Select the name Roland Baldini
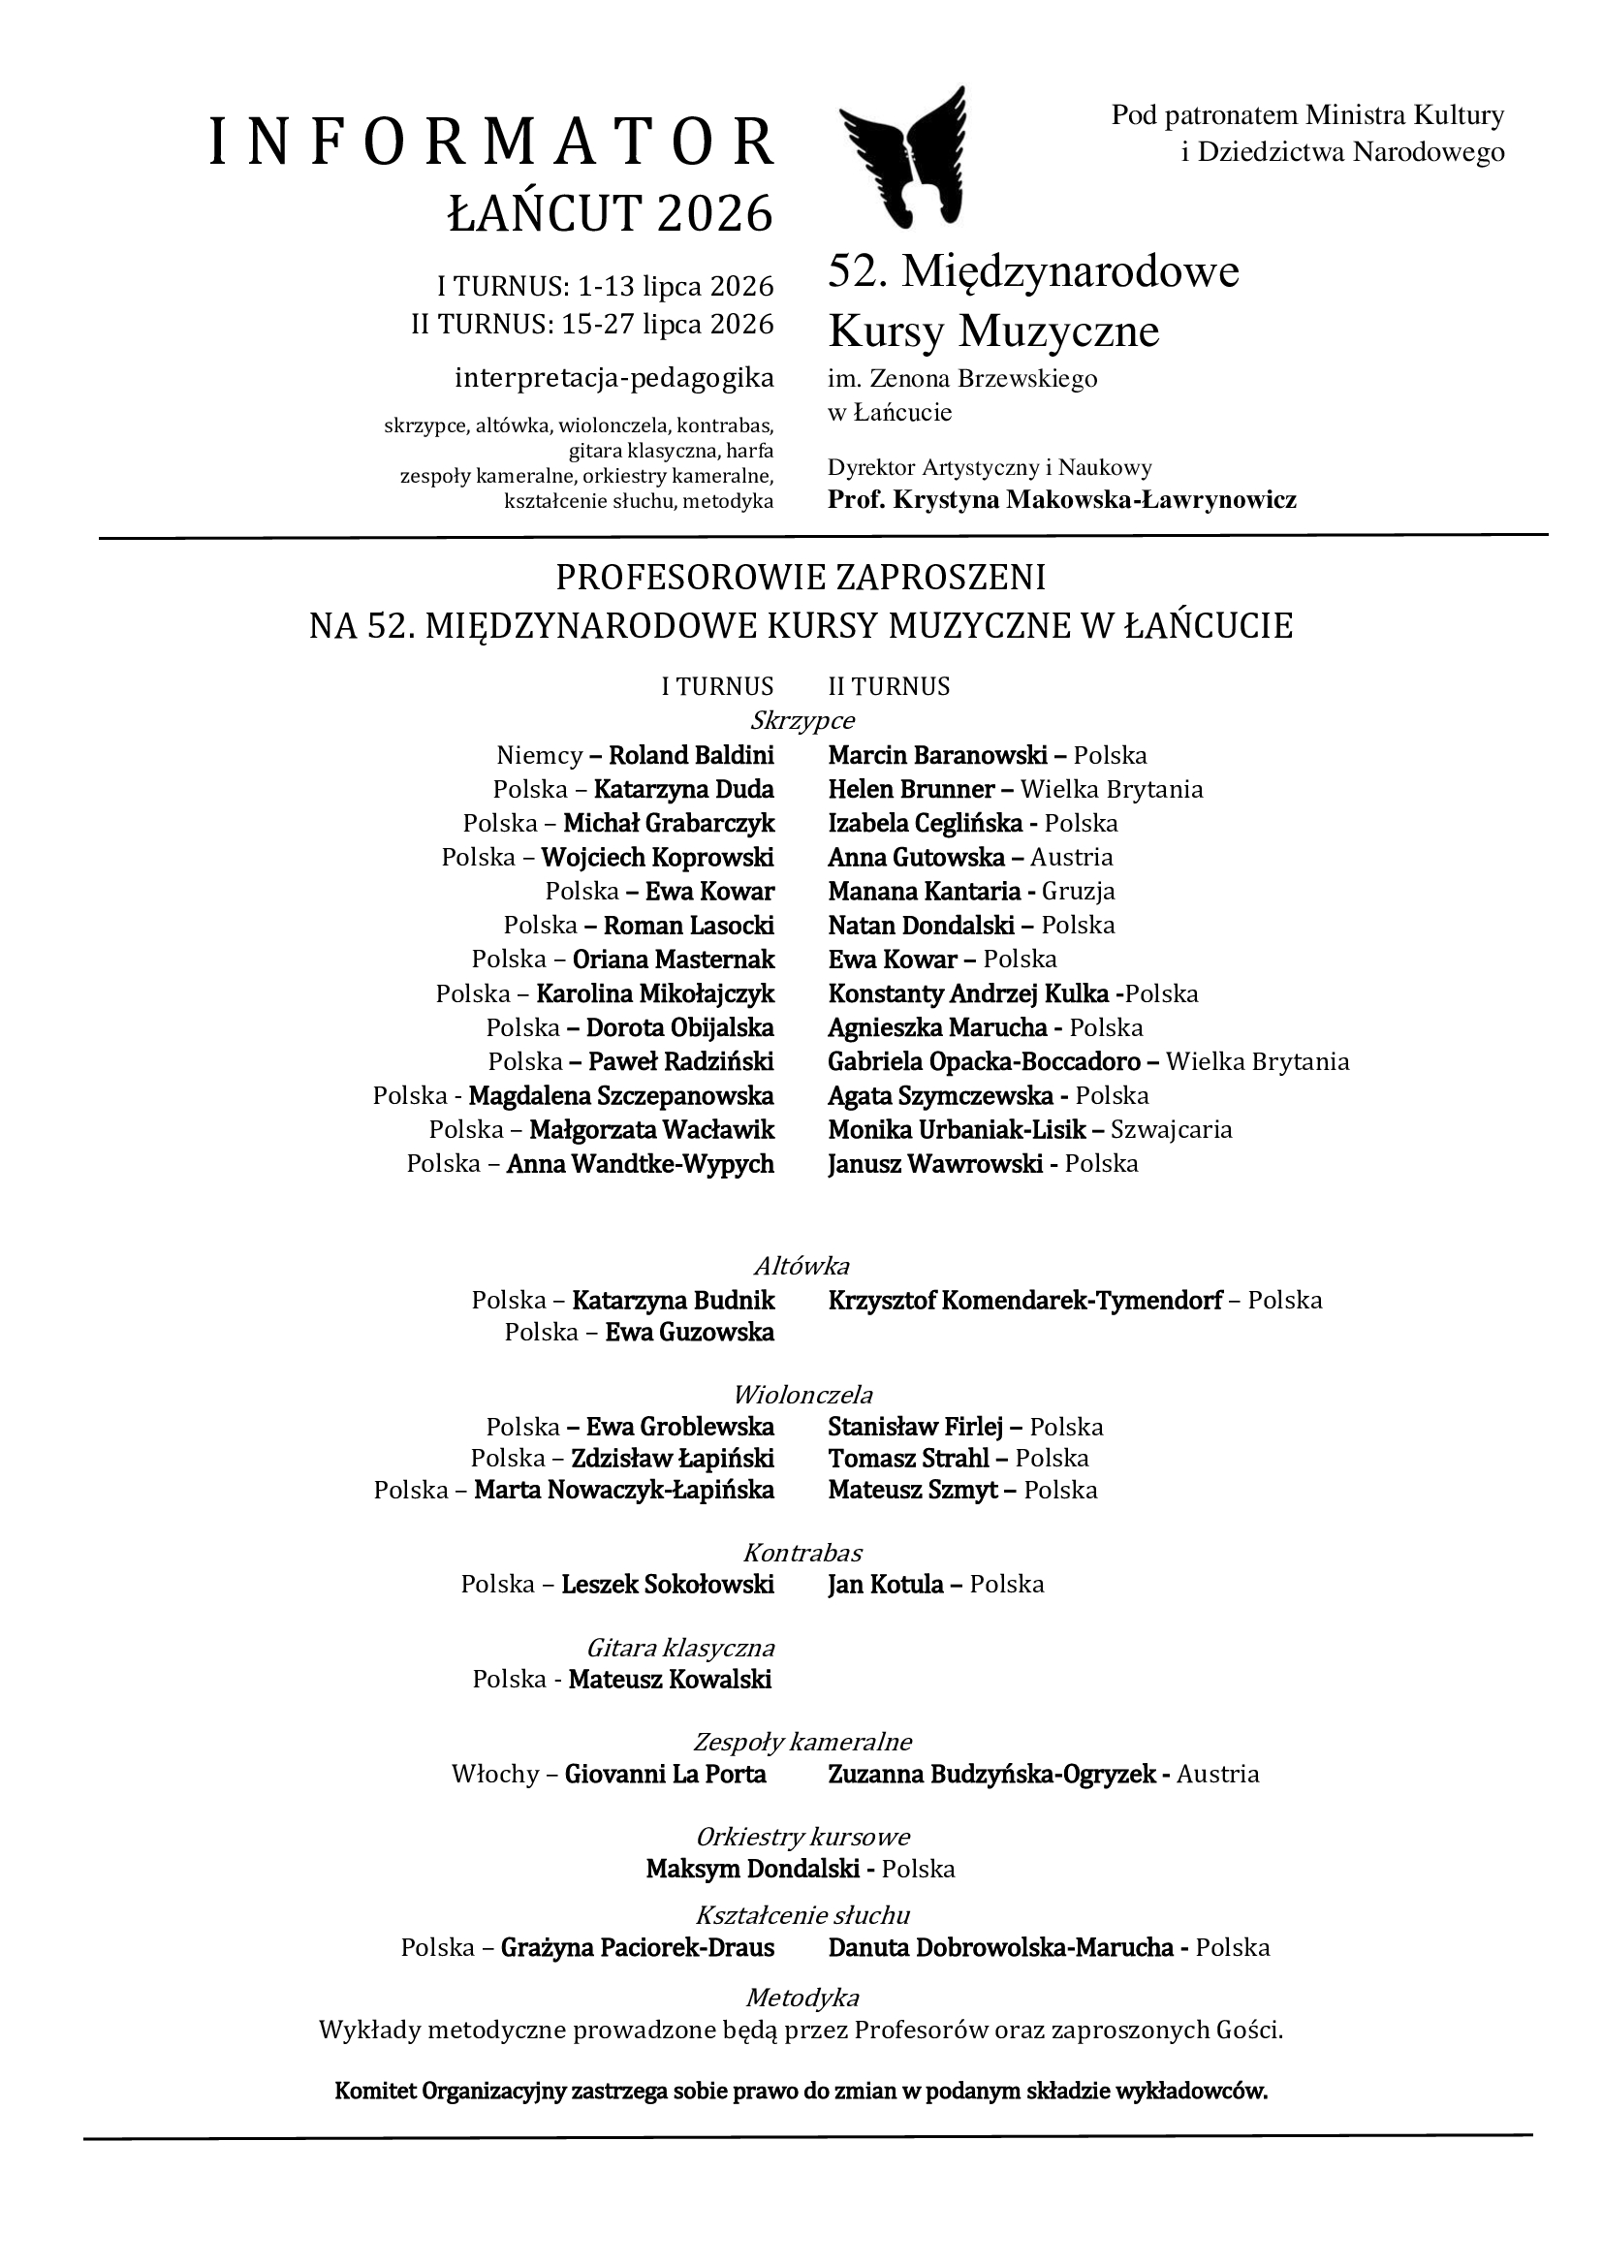point(691,756)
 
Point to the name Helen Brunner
point(911,790)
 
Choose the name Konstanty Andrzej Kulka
point(968,993)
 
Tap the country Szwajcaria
point(1172,1129)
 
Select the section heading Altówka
point(801,1266)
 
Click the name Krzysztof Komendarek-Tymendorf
point(1025,1301)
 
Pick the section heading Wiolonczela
point(802,1395)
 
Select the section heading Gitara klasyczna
point(680,1648)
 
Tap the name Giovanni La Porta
point(665,1775)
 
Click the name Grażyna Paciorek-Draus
point(638,1964)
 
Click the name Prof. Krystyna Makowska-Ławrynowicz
point(1062,499)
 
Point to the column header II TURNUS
point(889,686)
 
